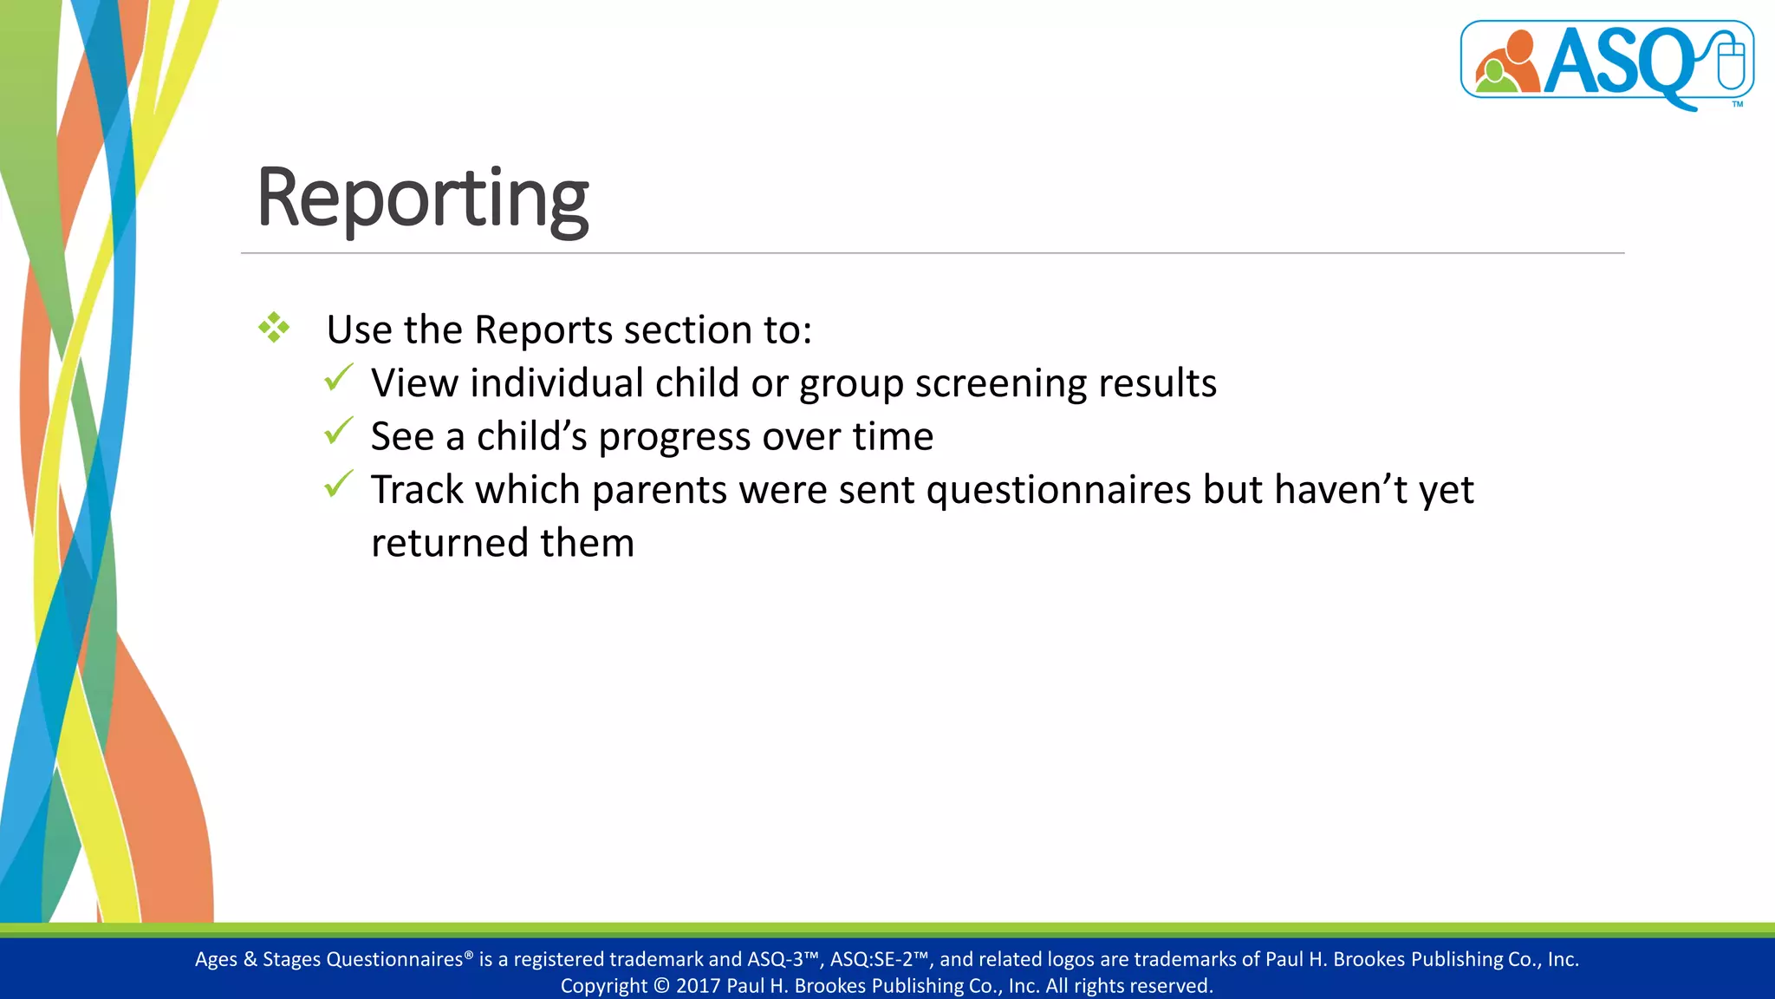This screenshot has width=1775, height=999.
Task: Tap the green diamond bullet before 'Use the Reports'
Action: tap(274, 328)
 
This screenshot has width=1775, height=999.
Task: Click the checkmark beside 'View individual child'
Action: tap(338, 378)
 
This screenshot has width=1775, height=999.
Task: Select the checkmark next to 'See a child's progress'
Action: tap(338, 431)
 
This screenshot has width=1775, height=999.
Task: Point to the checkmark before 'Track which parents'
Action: tap(338, 484)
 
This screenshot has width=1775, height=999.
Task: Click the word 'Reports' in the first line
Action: tap(543, 330)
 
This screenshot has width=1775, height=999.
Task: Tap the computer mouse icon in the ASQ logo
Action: tap(1730, 61)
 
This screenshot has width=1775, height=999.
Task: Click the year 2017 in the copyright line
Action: tap(698, 986)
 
